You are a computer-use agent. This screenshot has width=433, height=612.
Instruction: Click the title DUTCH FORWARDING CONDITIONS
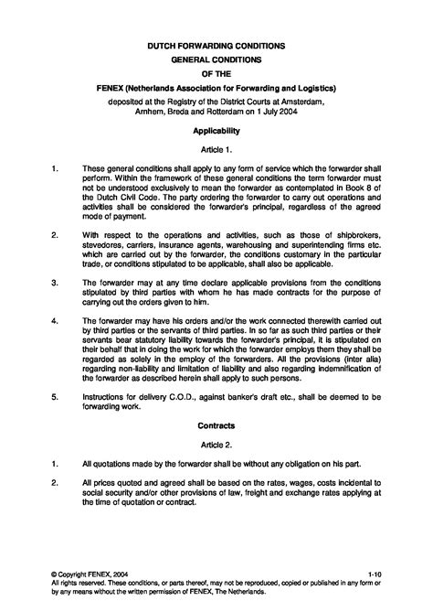[x=216, y=44]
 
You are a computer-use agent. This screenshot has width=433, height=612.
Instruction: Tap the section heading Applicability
[x=216, y=131]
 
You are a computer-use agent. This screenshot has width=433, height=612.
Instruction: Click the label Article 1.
[x=216, y=149]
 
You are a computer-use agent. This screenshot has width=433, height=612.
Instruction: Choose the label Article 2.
[x=216, y=444]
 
